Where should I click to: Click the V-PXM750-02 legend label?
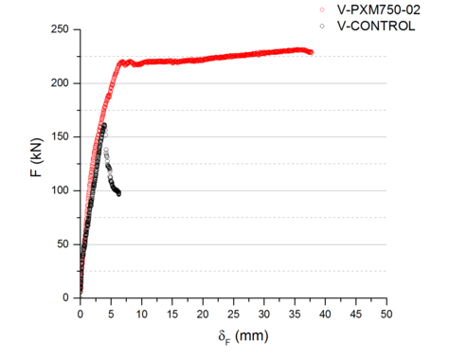[x=368, y=9]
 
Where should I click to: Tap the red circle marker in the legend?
[x=322, y=9]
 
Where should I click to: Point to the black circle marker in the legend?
[x=322, y=26]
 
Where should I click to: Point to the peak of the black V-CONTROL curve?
[x=104, y=125]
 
